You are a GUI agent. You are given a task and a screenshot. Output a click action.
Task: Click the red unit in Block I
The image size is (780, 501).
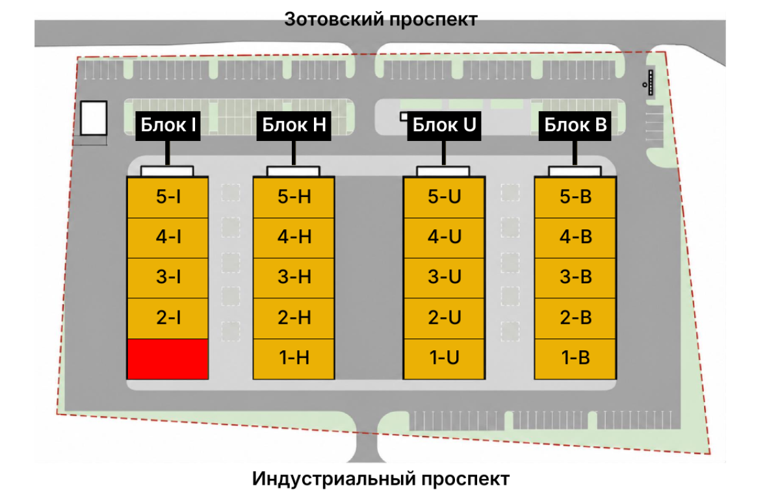(x=168, y=359)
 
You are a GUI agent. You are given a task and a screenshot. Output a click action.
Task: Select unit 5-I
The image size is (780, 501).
(x=168, y=198)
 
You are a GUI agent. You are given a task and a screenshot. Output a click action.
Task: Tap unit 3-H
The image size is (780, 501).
(x=294, y=278)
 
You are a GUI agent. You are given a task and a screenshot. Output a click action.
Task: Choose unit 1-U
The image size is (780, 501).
(x=444, y=359)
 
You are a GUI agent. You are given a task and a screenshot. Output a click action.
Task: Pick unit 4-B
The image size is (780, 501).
(x=575, y=238)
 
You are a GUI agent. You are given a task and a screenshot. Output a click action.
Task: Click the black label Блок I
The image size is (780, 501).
(x=168, y=126)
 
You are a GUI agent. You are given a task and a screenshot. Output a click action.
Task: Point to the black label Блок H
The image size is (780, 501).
(x=294, y=126)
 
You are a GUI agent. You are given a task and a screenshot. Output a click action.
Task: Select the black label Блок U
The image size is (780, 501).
(x=445, y=126)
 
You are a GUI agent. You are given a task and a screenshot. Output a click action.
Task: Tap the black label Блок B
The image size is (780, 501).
(x=575, y=126)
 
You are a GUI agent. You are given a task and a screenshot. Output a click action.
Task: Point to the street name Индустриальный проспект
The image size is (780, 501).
(x=381, y=479)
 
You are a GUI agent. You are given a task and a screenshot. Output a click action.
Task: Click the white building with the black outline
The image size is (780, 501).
(x=94, y=118)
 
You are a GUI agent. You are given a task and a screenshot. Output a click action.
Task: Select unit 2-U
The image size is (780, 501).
(x=444, y=318)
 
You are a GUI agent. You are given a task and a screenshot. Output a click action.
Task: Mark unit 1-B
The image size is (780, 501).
(x=575, y=359)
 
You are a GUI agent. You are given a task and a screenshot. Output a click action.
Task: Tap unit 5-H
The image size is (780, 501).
(x=294, y=198)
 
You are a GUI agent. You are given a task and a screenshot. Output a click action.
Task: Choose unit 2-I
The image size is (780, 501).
(x=168, y=318)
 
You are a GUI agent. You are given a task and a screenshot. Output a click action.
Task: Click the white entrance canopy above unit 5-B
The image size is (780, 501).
(x=575, y=172)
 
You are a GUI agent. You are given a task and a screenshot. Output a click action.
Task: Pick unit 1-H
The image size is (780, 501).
(x=294, y=359)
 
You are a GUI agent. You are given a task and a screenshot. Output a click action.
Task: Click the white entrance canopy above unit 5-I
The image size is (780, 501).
(x=167, y=172)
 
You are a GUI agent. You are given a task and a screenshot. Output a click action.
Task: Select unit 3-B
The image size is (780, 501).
(x=575, y=278)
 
